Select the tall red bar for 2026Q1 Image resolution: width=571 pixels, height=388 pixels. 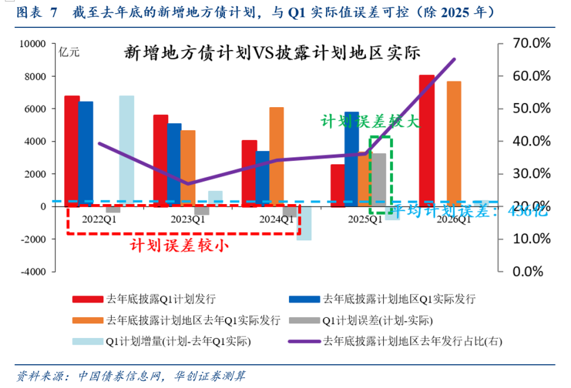tap(426, 140)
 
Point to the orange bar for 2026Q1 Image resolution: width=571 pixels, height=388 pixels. tap(454, 143)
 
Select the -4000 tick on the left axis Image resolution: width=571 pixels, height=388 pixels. tap(33, 271)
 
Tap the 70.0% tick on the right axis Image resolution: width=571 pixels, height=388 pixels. tap(523, 43)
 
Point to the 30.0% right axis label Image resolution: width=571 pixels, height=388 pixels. tap(523, 174)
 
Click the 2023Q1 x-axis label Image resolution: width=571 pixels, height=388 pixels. tap(189, 219)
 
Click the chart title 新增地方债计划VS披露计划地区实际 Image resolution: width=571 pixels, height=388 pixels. tap(272, 54)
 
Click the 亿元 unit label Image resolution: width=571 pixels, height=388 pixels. tap(70, 52)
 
